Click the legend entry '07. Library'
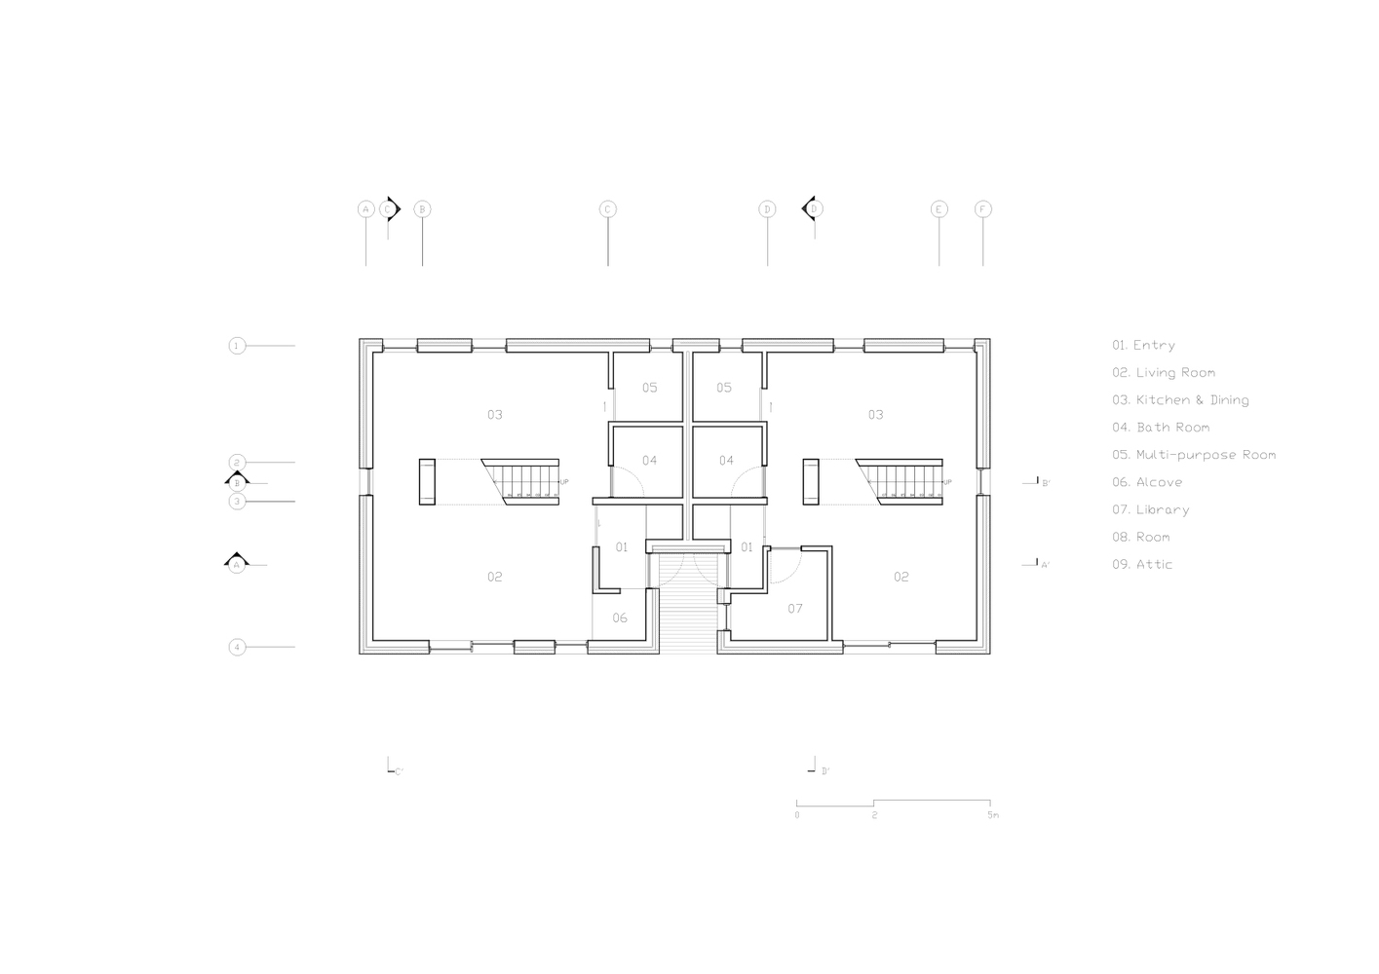point(1150,509)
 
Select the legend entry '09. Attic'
point(1142,564)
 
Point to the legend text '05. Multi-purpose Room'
point(1193,455)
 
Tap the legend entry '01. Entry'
point(1143,345)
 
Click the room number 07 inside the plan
point(795,609)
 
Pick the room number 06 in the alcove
point(620,618)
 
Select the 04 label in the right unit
point(726,461)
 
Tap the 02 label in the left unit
point(495,577)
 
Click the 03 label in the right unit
point(875,415)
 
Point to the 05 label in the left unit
point(649,388)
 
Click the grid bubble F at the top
point(982,209)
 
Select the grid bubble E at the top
point(938,209)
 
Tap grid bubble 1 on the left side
point(237,346)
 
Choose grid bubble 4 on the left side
point(237,647)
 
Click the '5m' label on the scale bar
point(992,815)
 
